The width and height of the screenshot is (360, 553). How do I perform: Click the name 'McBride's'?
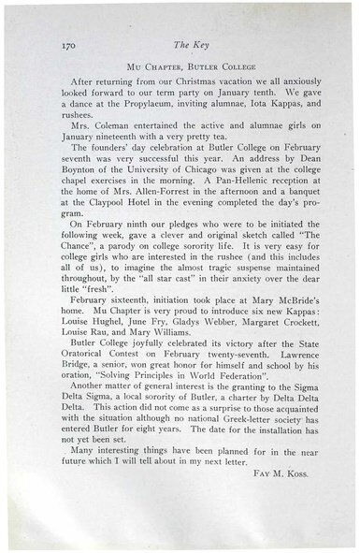pos(287,361)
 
